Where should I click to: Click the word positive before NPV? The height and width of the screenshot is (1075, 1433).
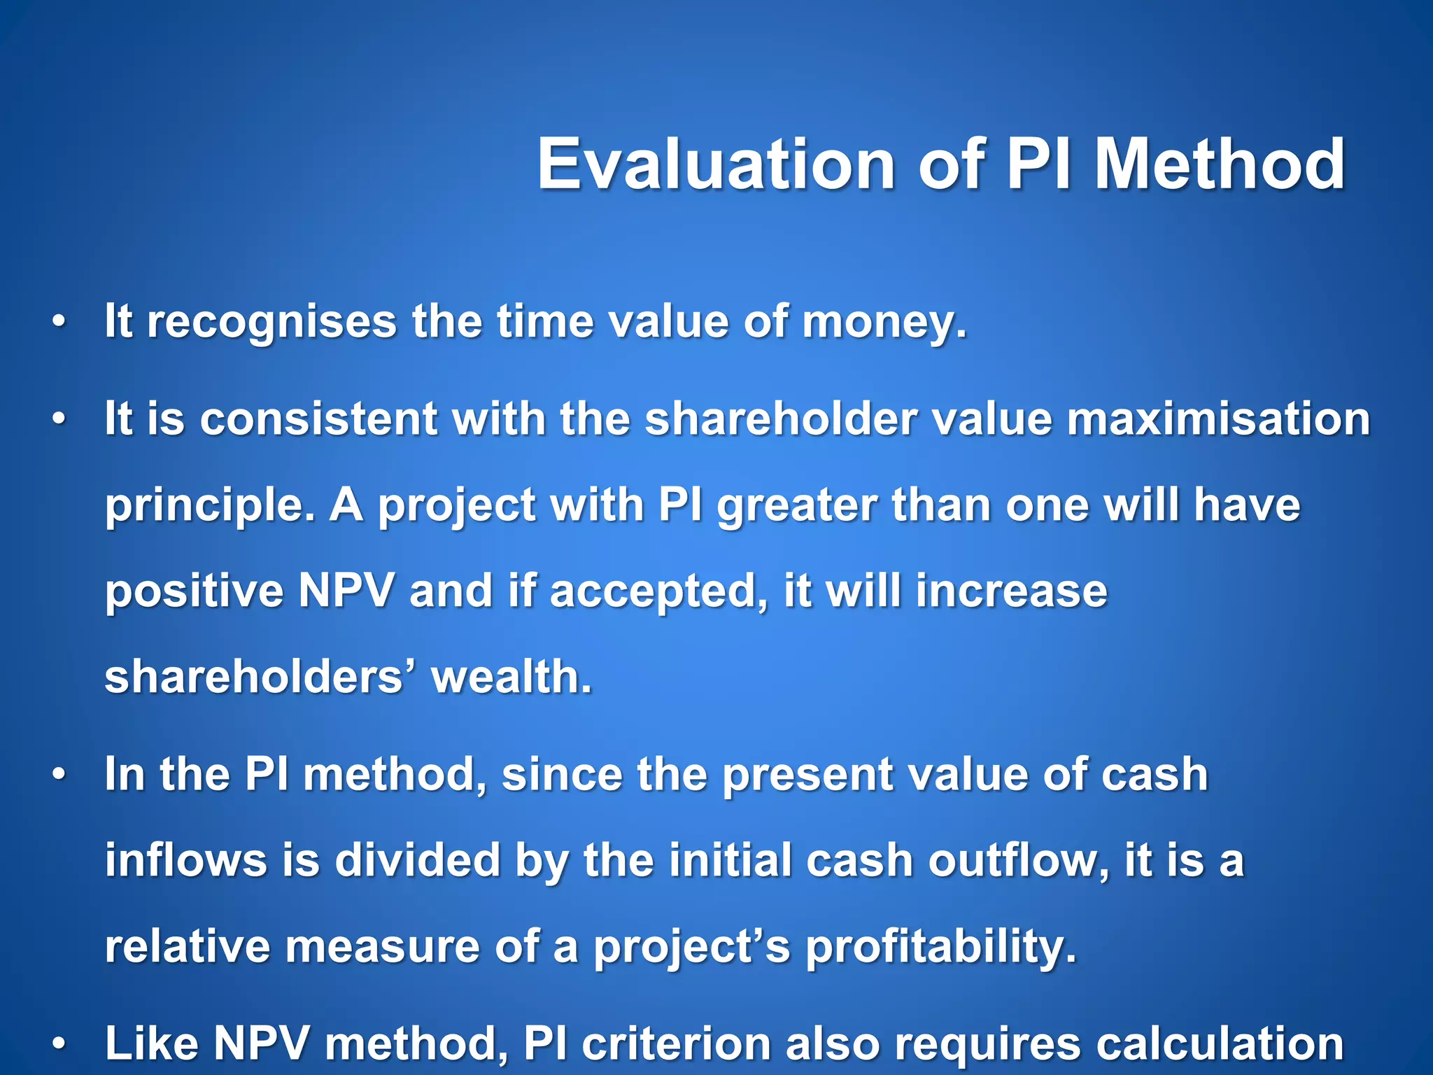(x=194, y=591)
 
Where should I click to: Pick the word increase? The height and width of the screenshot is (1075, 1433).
(x=1011, y=591)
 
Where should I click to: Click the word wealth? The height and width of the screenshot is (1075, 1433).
(x=511, y=677)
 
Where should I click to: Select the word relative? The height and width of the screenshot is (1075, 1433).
(x=187, y=946)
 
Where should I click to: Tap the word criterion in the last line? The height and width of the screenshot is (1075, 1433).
(x=675, y=1043)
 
